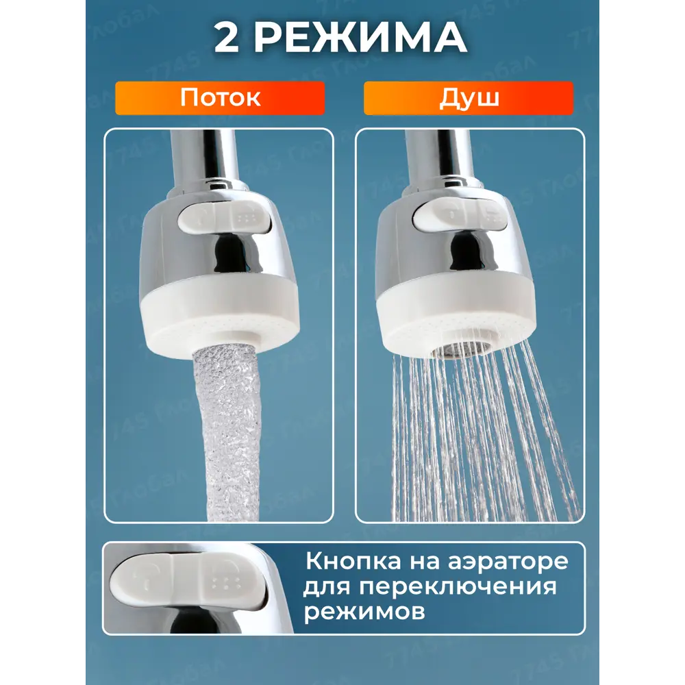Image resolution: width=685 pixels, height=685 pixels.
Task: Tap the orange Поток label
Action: pyautogui.click(x=220, y=98)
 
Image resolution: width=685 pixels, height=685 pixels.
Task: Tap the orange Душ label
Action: pyautogui.click(x=469, y=98)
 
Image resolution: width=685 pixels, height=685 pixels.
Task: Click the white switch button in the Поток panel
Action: pyautogui.click(x=222, y=218)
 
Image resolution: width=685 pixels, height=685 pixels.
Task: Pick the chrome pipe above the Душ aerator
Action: pyautogui.click(x=440, y=158)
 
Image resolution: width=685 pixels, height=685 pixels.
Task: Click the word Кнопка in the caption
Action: pyautogui.click(x=353, y=562)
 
